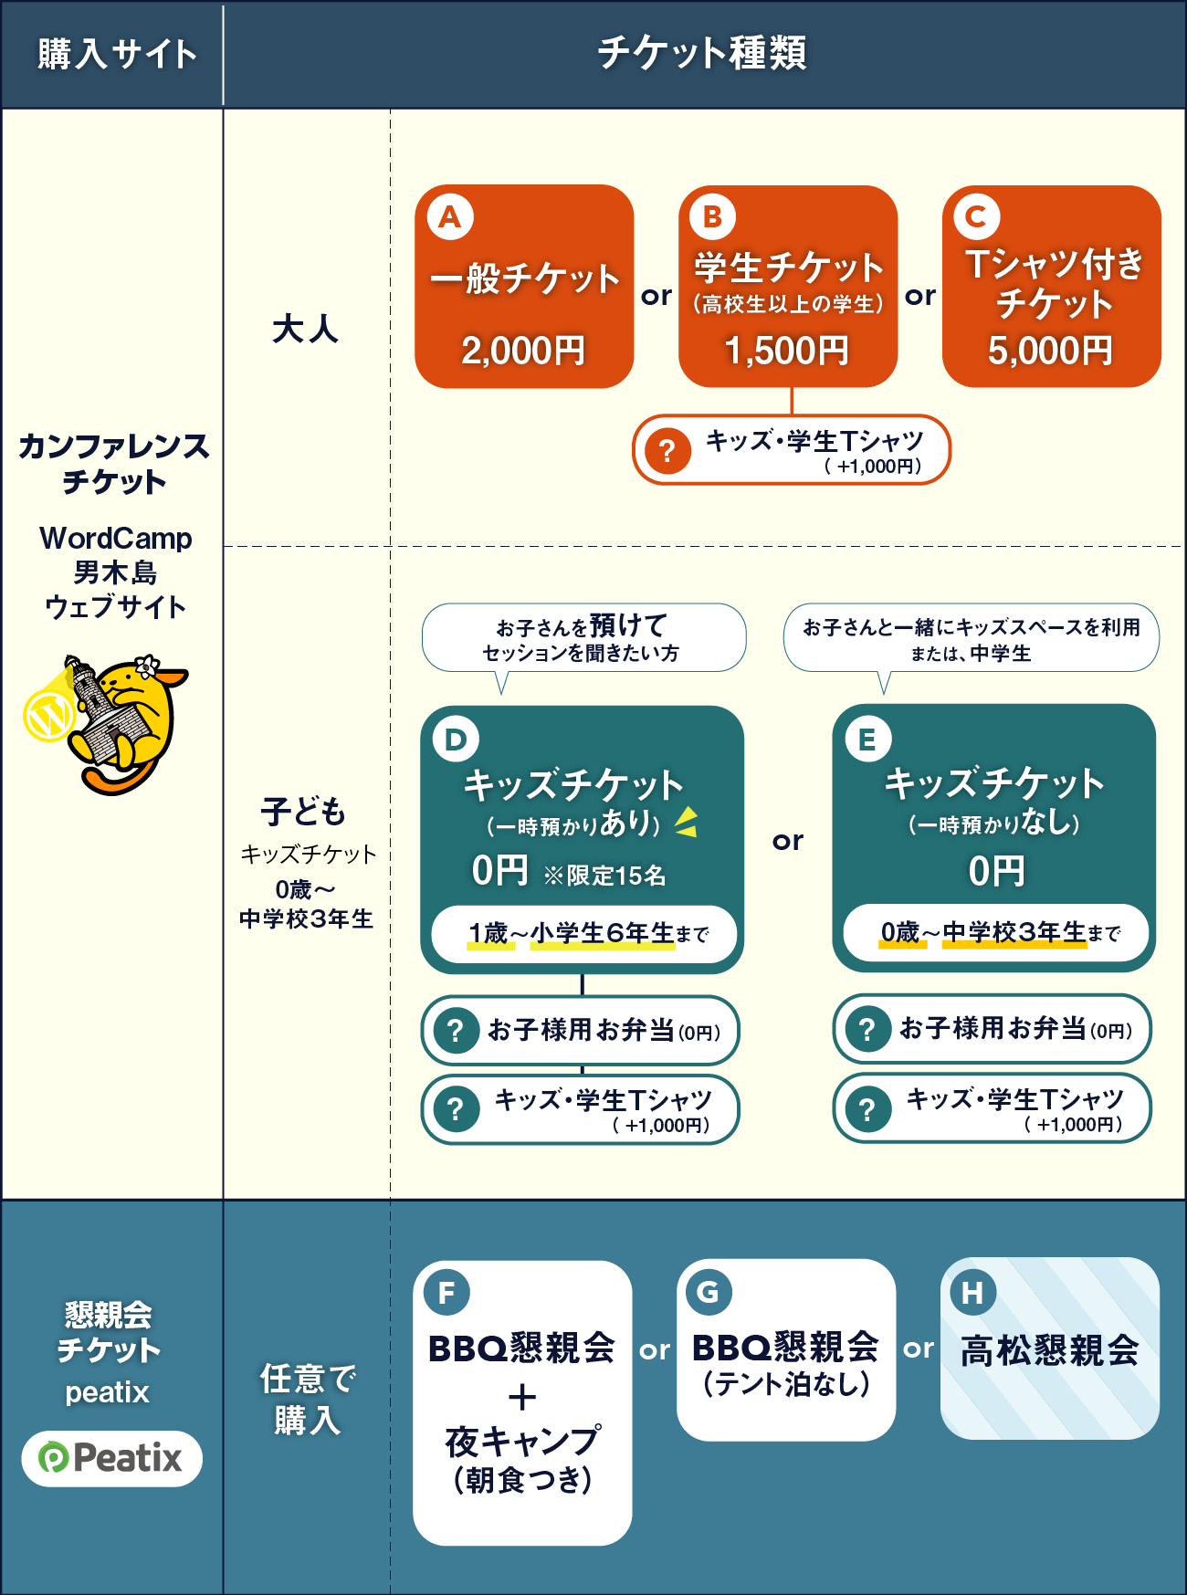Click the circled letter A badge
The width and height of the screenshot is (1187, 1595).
450,217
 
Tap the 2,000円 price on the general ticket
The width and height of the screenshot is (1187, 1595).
523,351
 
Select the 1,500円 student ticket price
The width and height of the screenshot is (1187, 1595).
786,351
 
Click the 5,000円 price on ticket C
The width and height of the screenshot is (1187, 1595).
1050,351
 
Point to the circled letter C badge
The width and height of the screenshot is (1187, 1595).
976,217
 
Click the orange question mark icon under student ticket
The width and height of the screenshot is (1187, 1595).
667,450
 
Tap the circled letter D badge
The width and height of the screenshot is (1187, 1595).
456,740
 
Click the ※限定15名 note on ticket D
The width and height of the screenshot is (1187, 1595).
604,876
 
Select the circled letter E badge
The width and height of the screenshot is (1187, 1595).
867,740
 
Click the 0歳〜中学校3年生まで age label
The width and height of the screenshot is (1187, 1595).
999,932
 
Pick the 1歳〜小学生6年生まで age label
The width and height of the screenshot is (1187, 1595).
587,933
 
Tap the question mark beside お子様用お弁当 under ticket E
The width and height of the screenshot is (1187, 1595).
867,1030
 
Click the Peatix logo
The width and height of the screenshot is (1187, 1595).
111,1458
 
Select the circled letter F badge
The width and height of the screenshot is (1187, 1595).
447,1293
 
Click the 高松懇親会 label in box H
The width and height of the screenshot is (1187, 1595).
1050,1350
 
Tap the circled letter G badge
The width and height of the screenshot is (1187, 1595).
709,1292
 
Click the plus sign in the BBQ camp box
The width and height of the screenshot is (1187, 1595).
522,1397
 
